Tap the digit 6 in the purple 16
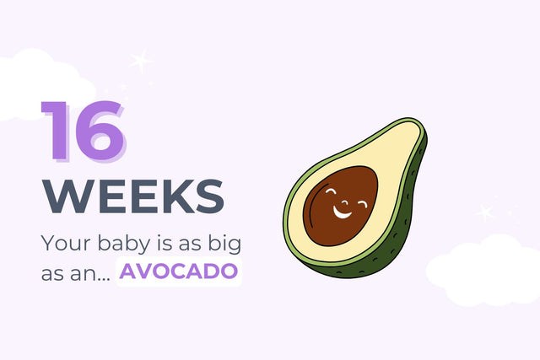[100, 132]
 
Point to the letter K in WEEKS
[175, 196]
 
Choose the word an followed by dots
[90, 274]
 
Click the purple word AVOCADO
[178, 271]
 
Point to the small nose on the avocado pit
[345, 202]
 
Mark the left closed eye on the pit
[331, 191]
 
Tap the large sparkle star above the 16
[141, 61]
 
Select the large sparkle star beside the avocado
[485, 212]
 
